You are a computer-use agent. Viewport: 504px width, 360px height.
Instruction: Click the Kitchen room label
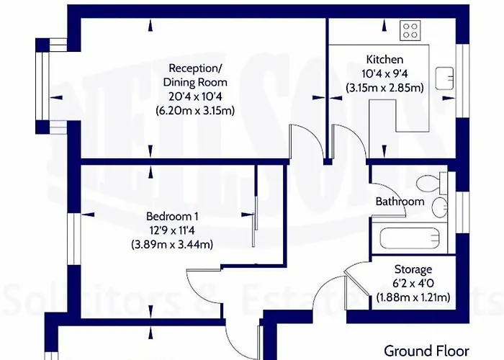click(384, 59)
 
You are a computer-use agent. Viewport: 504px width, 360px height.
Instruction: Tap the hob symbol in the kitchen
click(411, 30)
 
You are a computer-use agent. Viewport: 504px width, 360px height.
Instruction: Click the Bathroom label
click(400, 202)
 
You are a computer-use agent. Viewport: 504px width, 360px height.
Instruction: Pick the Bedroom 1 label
click(171, 217)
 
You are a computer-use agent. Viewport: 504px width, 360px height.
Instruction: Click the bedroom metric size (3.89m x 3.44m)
click(171, 245)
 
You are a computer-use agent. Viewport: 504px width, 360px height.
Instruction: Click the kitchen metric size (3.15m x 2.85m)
click(384, 87)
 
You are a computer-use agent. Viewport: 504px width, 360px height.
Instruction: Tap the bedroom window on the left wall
click(72, 237)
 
